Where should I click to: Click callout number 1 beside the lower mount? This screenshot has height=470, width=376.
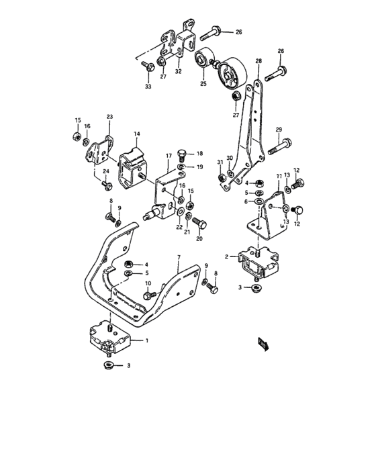[x=147, y=341]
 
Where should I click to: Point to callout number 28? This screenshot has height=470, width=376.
[x=258, y=61]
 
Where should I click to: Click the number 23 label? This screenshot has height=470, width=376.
[x=109, y=116]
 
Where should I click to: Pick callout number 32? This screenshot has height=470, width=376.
[x=179, y=71]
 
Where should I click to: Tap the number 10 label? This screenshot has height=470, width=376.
[x=148, y=283]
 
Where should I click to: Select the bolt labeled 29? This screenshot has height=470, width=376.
[x=281, y=144]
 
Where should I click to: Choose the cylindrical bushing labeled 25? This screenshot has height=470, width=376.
[x=203, y=62]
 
